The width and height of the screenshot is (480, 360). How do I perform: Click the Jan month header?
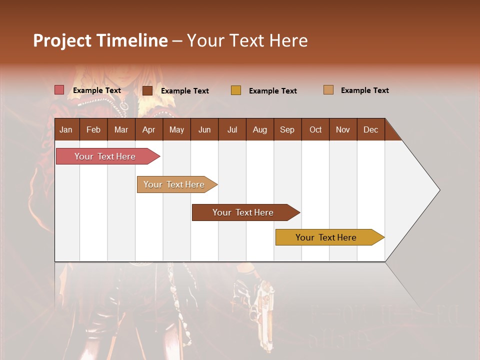tap(66, 130)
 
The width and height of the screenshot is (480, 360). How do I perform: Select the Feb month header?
tap(93, 130)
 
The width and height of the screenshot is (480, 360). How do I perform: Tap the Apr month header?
tap(149, 130)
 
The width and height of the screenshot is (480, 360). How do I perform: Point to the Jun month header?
tap(204, 130)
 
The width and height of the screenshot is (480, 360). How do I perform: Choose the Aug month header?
tap(260, 130)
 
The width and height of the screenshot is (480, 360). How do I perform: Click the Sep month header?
tap(287, 130)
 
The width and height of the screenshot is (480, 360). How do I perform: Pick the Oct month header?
tap(315, 130)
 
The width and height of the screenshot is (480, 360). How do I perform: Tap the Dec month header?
tap(371, 130)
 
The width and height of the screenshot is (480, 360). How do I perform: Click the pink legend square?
tap(59, 90)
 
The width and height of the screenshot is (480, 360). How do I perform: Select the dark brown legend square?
tap(147, 90)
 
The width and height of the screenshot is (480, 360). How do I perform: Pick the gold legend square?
tap(236, 90)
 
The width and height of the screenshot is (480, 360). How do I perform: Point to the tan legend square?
tap(328, 90)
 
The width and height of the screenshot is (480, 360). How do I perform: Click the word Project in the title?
tap(62, 40)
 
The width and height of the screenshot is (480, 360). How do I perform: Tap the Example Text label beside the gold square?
tap(273, 91)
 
